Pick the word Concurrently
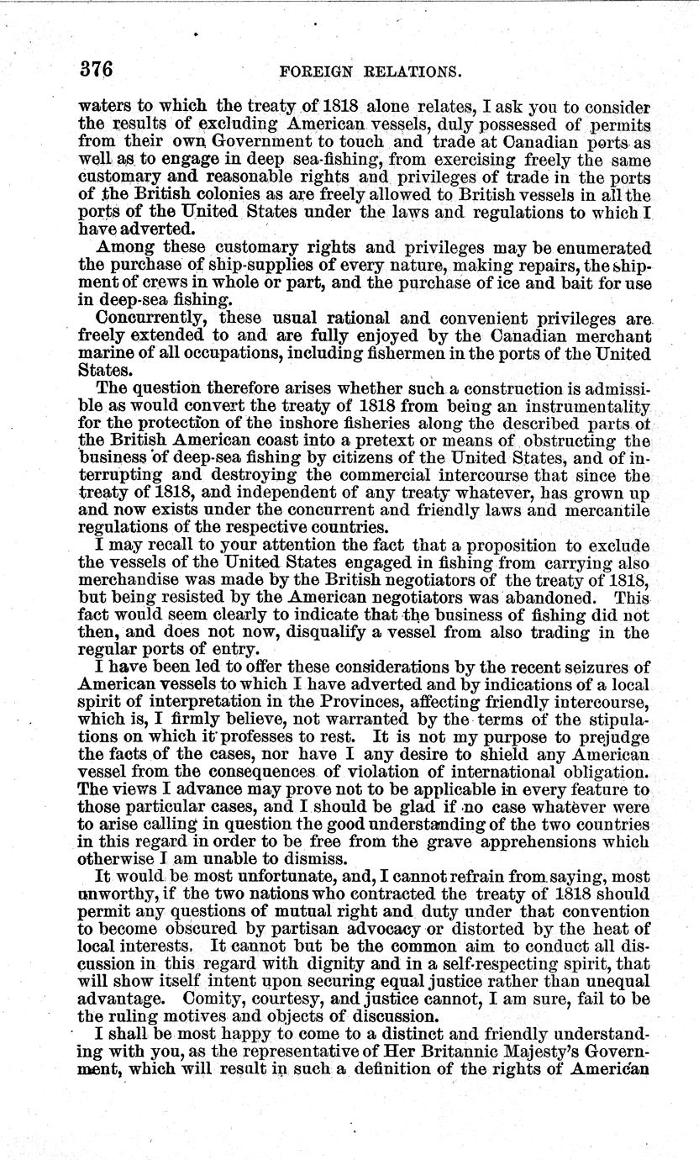150,319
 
